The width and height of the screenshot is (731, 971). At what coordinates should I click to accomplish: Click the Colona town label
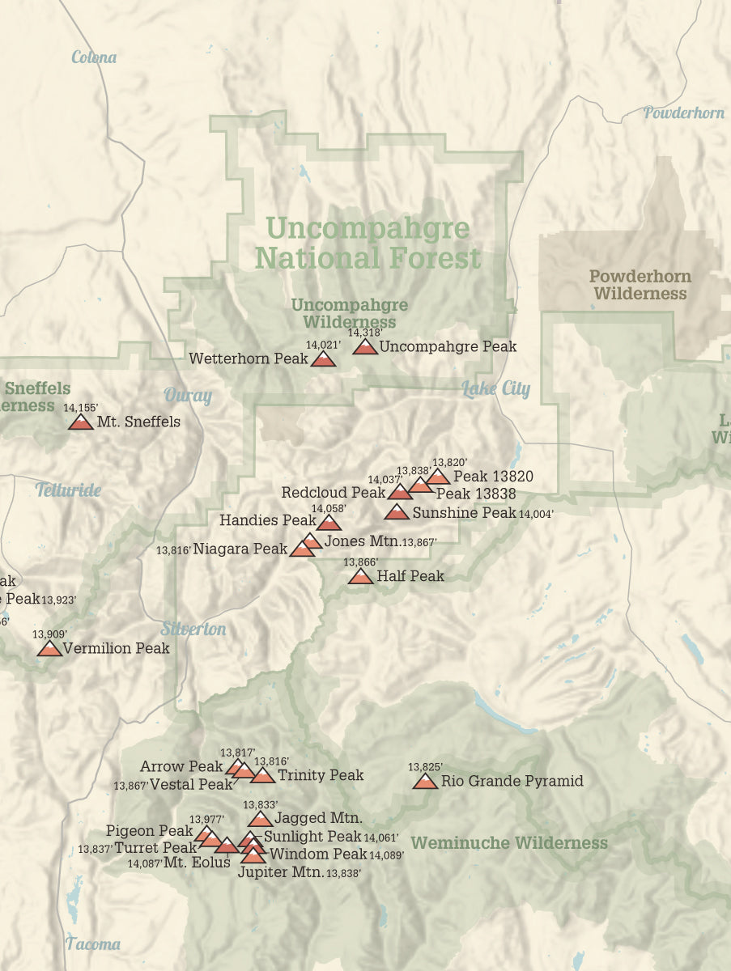coord(94,57)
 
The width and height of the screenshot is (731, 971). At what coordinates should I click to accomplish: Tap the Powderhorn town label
coord(683,113)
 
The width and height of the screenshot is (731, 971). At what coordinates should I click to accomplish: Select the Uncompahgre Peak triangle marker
coord(365,347)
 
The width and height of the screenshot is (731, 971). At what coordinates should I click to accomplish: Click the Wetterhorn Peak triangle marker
coord(323,359)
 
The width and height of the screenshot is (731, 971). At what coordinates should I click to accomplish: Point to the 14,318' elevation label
coord(365,332)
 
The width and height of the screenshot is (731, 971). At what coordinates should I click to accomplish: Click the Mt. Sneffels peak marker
coord(81,422)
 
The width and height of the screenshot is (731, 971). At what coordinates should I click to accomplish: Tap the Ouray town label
coord(188,396)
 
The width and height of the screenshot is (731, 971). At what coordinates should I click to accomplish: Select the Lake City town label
coord(495,388)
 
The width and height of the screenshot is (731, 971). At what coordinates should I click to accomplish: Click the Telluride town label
coord(68,490)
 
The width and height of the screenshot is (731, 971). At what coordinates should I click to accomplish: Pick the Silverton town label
coord(193,629)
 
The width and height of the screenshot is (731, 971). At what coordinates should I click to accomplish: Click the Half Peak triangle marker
coord(360,576)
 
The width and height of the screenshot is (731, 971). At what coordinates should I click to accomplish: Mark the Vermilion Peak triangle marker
coord(49,648)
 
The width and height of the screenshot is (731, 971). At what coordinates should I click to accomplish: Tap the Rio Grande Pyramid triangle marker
coord(425,781)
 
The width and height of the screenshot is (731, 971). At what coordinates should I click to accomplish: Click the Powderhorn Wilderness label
coord(640,285)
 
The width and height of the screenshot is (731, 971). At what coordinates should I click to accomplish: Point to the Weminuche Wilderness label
coord(509,843)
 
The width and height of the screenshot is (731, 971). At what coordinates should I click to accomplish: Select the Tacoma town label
coord(93,943)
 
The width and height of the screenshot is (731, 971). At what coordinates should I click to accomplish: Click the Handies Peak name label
coord(267,520)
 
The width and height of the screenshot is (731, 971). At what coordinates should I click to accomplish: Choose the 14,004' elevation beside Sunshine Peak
coord(536,514)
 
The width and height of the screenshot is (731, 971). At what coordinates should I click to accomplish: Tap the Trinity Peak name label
coord(321,775)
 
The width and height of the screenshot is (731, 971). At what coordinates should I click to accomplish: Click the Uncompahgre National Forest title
coord(368,243)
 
